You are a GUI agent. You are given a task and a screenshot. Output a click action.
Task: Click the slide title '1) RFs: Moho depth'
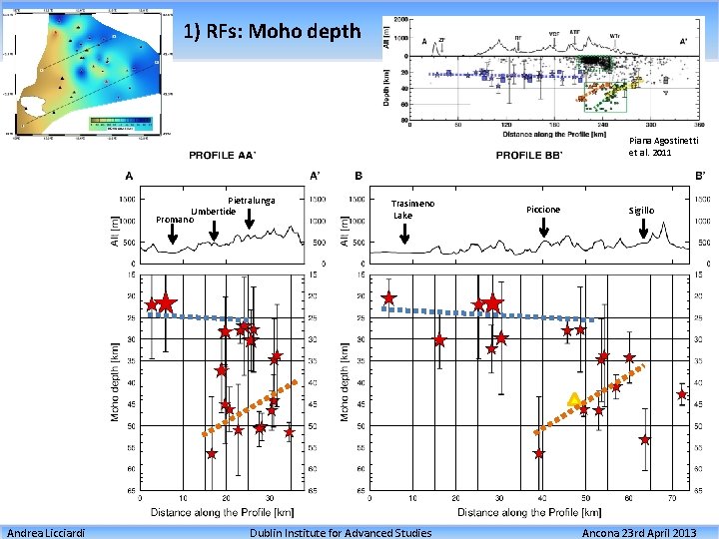(273, 32)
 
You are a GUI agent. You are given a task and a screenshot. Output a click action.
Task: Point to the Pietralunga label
(251, 201)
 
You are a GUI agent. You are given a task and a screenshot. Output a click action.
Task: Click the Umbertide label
(214, 211)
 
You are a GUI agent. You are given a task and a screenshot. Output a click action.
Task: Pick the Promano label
(175, 219)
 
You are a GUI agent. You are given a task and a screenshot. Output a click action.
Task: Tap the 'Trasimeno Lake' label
(412, 209)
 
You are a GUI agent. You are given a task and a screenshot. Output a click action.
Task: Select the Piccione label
(543, 210)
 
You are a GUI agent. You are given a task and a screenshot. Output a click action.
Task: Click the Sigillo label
(641, 210)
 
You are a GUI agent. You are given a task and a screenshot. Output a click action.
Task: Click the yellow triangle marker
(574, 399)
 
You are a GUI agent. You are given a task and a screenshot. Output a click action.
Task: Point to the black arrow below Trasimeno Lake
(404, 234)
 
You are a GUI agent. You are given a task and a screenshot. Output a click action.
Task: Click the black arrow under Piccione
(543, 228)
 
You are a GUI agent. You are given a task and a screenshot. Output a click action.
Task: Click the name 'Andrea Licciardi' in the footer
(44, 532)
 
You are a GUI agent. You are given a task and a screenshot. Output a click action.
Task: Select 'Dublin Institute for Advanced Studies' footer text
(340, 532)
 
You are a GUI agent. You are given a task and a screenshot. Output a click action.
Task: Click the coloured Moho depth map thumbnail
(90, 70)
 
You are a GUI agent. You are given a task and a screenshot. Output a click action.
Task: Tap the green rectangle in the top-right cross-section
(598, 98)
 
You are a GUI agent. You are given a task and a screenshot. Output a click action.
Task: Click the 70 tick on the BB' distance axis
(671, 498)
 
